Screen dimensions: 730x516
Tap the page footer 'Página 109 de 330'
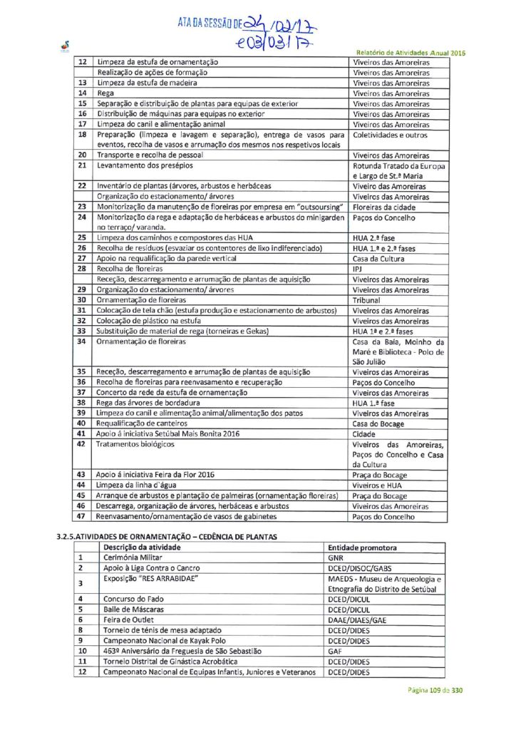pyautogui.click(x=435, y=690)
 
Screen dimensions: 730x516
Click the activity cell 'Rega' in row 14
pyautogui.click(x=104, y=93)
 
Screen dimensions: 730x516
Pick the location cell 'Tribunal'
pyautogui.click(x=368, y=300)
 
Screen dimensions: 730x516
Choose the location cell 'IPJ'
pyautogui.click(x=358, y=269)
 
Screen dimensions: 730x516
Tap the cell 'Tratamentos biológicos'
pyautogui.click(x=135, y=444)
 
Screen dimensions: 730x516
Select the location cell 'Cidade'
pyautogui.click(x=365, y=433)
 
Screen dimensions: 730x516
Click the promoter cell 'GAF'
pyautogui.click(x=335, y=651)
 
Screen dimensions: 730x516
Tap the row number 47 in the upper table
pyautogui.click(x=81, y=516)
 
